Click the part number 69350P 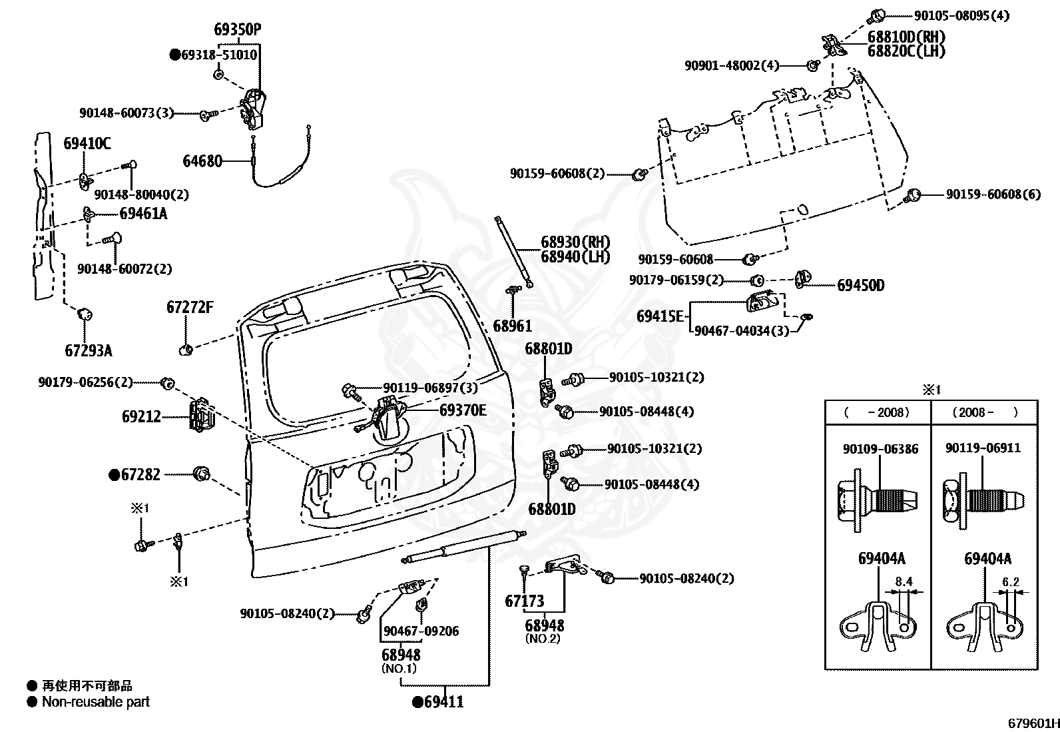pos(237,29)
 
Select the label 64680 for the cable pos(202,161)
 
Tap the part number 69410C pos(87,143)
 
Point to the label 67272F pos(190,307)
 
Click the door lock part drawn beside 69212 pos(202,415)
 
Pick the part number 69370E pos(463,410)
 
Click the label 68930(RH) pos(575,242)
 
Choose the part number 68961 pos(513,326)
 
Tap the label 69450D pos(861,286)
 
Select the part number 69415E pos(660,316)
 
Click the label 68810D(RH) pos(906,37)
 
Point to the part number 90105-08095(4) pos(961,15)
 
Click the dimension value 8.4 pos(904,581)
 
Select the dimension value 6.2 pos(1010,581)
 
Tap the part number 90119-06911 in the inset pos(983,448)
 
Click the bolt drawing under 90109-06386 pos(877,500)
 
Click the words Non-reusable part pos(96,702)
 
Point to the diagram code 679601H pos(1033,723)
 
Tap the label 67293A pos(89,351)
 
